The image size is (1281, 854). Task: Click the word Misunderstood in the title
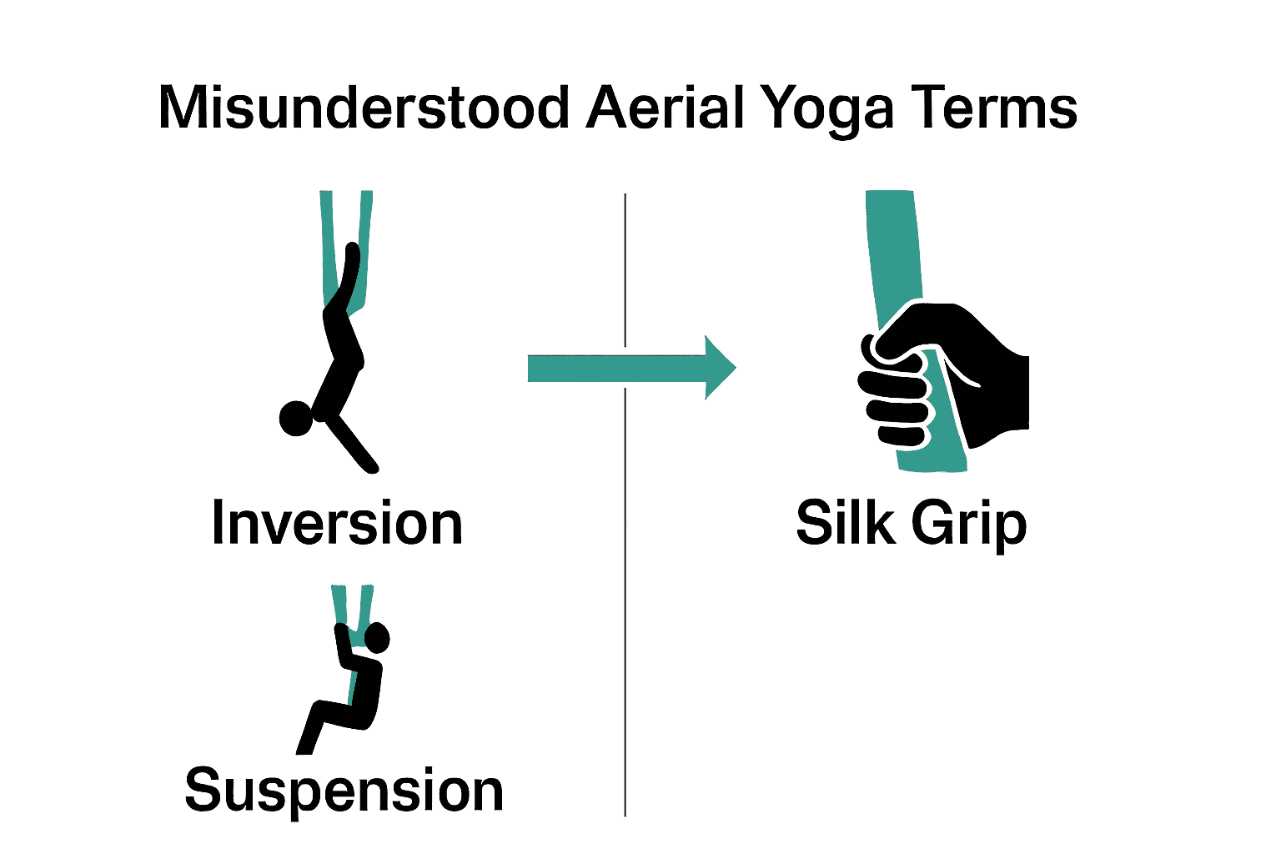point(364,108)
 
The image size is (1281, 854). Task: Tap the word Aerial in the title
point(664,108)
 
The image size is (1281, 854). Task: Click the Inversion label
point(337,524)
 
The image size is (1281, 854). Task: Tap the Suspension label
point(344,791)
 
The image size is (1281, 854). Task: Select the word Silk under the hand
point(846,523)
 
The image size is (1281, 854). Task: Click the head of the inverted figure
point(295,418)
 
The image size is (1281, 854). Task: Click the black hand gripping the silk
point(976,367)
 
